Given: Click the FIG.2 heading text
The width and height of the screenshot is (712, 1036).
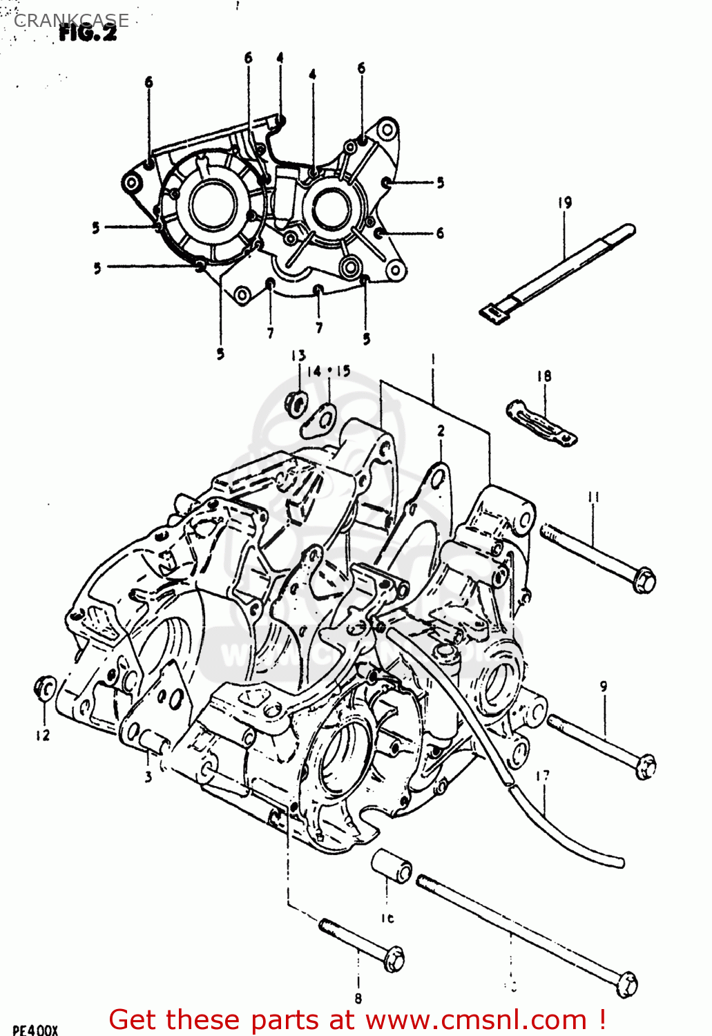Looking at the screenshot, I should click(x=88, y=32).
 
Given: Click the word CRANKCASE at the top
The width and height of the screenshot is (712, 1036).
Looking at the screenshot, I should click(x=71, y=20).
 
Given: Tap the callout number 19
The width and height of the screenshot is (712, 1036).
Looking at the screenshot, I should click(x=565, y=202).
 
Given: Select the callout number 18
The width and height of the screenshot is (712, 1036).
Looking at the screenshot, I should click(x=544, y=376).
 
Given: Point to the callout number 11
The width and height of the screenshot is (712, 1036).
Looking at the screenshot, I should click(x=593, y=497).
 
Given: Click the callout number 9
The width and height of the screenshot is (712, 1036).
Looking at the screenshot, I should click(x=604, y=687).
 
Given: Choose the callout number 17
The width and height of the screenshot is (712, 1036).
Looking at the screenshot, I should click(x=543, y=776).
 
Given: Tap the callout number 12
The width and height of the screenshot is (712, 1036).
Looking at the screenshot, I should click(x=43, y=736).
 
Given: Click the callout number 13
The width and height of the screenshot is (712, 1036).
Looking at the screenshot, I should click(x=298, y=356).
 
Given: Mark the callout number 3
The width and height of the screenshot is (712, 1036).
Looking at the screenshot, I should click(x=148, y=777).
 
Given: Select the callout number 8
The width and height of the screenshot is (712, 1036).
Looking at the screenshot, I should click(x=358, y=998).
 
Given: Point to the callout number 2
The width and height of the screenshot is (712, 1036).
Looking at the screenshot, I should click(x=441, y=431).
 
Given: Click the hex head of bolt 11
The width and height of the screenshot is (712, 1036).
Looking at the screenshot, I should click(x=644, y=579).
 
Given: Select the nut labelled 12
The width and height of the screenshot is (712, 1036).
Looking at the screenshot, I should click(x=45, y=688).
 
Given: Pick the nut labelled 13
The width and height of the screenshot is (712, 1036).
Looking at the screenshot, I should click(x=296, y=403).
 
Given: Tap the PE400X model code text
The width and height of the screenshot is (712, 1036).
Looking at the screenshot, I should click(x=35, y=1030).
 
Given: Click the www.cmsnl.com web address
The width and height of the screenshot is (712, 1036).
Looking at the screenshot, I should click(x=476, y=1019).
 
